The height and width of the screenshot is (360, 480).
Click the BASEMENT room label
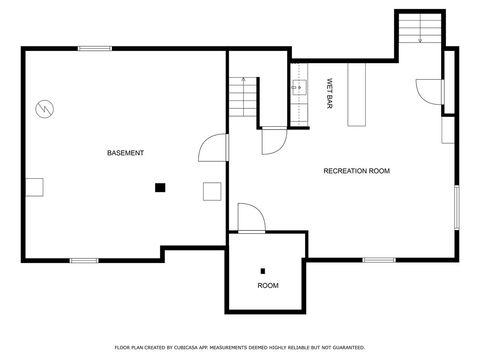pos(125,153)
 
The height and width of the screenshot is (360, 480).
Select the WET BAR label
pos(328,94)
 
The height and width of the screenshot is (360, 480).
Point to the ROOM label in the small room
pos(268,285)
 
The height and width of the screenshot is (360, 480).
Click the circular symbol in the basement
pos(44,107)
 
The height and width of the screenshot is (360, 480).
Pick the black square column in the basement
pos(159,186)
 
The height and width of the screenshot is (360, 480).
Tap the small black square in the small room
pos(263,269)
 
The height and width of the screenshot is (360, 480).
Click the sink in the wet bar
pos(297,88)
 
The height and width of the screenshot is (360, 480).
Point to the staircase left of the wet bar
pos(242,97)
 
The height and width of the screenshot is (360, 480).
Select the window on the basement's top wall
pos(95,48)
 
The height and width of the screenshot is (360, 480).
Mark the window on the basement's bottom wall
pos(84,260)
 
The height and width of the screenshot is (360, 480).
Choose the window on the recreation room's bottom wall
pos(378,260)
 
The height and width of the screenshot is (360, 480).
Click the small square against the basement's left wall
pos(35,186)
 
